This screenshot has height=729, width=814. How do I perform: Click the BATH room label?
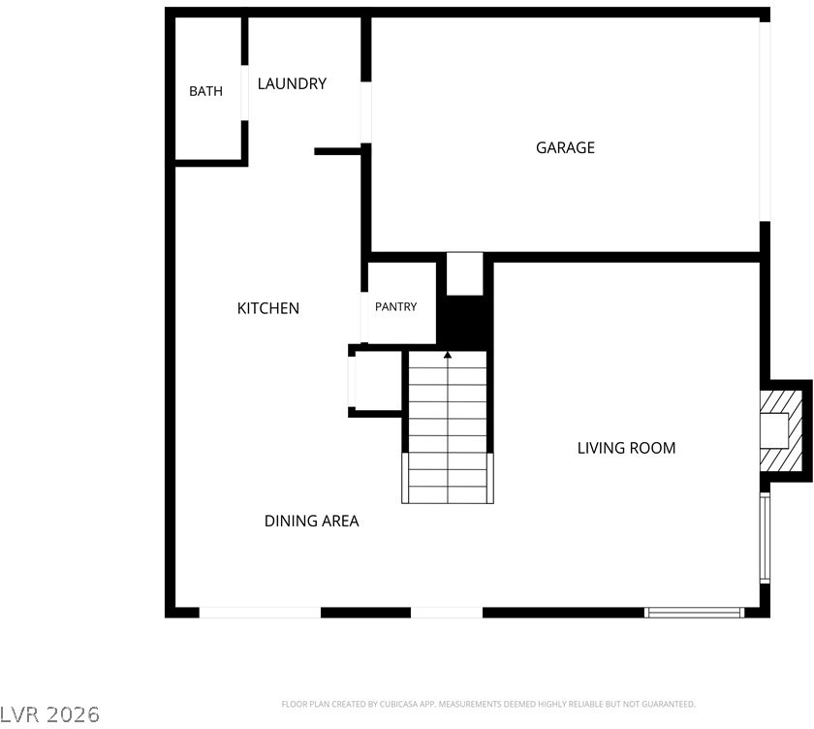tap(205, 91)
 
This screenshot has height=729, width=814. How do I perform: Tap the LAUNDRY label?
tap(292, 83)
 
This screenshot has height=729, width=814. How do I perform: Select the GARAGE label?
tap(565, 148)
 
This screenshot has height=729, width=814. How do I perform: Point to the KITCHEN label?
tap(267, 308)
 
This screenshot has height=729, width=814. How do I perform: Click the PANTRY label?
tap(395, 307)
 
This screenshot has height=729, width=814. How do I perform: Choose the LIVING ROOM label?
tap(626, 448)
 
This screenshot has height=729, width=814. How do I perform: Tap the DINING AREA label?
tap(311, 521)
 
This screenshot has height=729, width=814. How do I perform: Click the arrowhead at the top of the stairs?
tap(448, 355)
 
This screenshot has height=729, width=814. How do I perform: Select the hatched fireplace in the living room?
tap(781, 431)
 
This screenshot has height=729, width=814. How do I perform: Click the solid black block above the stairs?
tap(464, 323)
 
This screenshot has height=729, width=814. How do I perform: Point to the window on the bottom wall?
tap(694, 613)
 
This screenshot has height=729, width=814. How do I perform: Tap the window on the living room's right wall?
tap(765, 538)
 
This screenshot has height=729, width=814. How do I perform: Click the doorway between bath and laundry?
tap(244, 93)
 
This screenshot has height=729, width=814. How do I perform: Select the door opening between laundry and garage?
tap(366, 112)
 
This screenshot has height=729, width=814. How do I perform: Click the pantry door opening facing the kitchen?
tap(364, 317)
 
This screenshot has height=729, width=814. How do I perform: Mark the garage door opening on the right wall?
tap(765, 121)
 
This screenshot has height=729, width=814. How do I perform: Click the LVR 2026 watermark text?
tap(49, 715)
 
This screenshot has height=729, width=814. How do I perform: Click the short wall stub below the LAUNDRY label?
tap(337, 151)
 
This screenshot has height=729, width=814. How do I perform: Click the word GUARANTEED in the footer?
tap(668, 704)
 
